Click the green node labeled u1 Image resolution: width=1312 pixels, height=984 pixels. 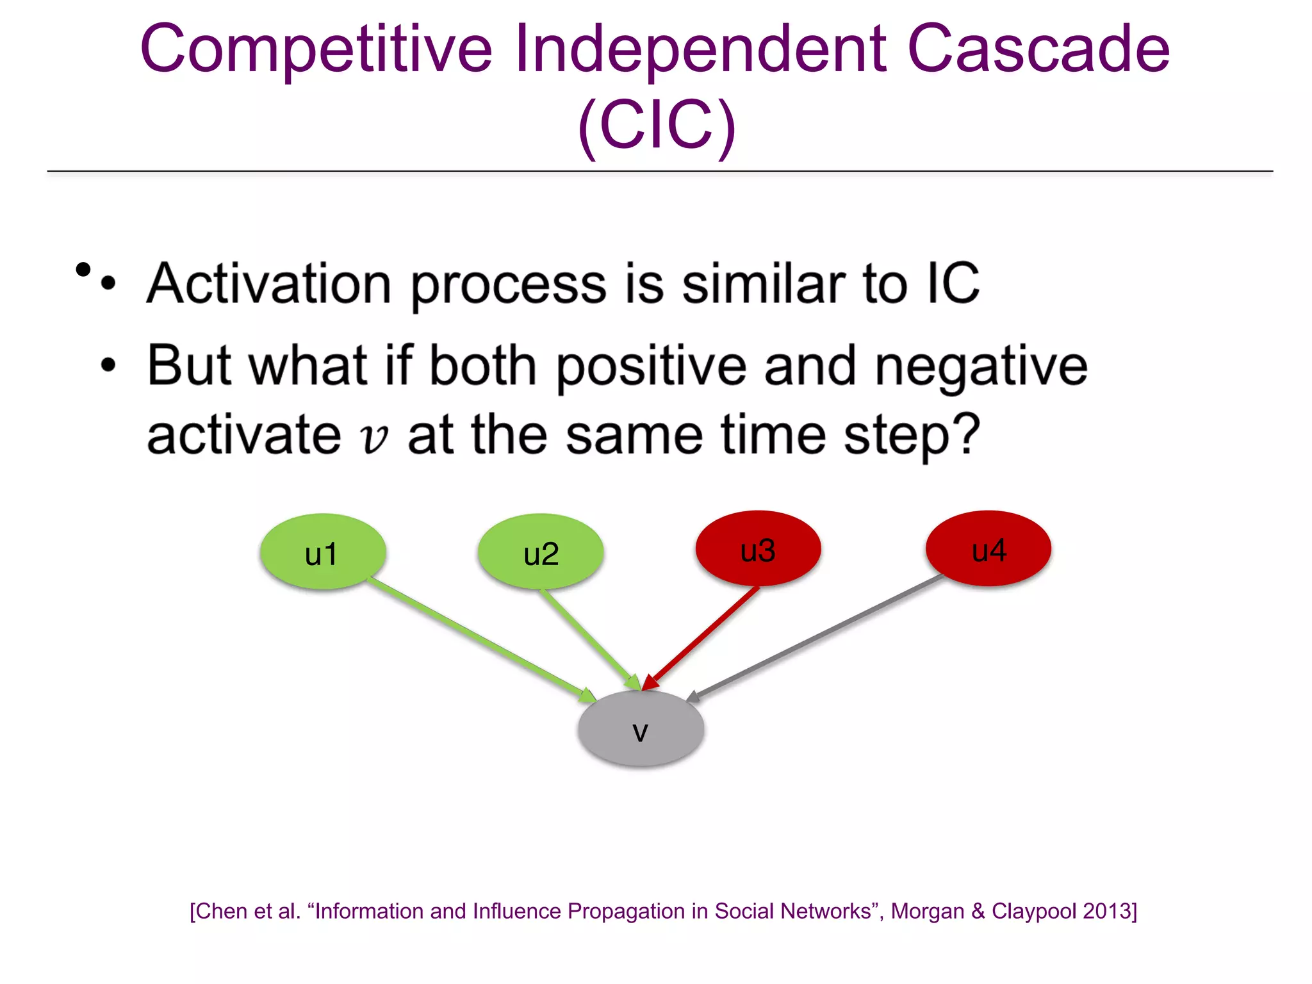tap(322, 552)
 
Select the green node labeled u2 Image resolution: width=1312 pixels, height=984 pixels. tap(540, 552)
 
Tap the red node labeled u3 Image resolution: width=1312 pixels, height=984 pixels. tap(758, 548)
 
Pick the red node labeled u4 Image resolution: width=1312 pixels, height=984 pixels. tap(988, 548)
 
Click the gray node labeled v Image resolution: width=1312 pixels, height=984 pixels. tap(641, 728)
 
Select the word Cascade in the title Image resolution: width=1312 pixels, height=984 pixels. tap(1038, 50)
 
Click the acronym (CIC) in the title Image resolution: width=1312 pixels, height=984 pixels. tap(657, 126)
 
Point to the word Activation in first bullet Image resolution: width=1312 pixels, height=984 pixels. tap(269, 284)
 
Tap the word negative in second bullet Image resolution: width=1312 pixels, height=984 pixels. tap(981, 366)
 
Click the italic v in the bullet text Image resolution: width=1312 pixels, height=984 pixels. tap(374, 438)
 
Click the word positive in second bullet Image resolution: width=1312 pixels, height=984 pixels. tap(651, 366)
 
